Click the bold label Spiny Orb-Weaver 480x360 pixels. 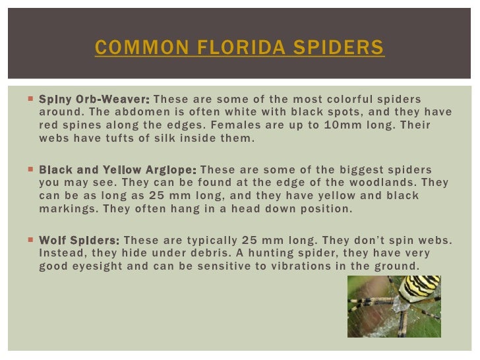pos(94,99)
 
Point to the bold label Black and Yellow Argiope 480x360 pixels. pos(117,169)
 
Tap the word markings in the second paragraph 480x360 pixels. pos(67,209)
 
